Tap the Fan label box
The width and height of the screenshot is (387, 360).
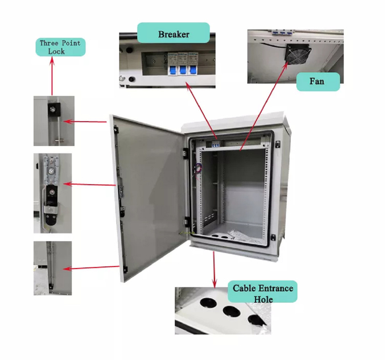318,81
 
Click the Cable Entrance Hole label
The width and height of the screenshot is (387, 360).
263,292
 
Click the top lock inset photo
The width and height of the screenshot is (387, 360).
52,121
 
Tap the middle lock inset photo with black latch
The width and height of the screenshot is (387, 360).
52,192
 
